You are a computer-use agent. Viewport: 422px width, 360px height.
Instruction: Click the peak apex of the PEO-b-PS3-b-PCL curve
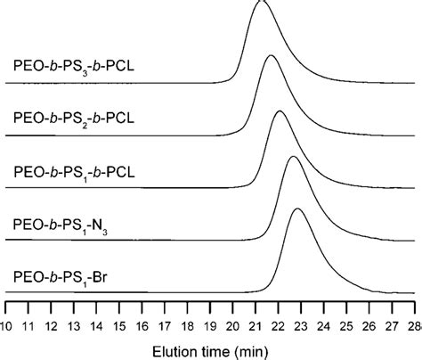(x=261, y=3)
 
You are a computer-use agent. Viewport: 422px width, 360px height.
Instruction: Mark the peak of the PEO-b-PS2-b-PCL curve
(x=272, y=56)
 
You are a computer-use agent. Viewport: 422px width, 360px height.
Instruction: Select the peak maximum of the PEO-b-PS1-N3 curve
(x=293, y=157)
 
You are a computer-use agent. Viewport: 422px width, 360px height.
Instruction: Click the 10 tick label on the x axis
(x=8, y=323)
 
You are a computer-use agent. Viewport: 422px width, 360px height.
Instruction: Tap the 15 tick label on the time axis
(x=120, y=323)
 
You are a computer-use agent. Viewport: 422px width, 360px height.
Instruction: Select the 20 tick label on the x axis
(x=232, y=323)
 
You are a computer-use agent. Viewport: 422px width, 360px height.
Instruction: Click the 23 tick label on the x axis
(x=300, y=323)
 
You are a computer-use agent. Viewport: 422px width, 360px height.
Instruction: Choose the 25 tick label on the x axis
(x=345, y=323)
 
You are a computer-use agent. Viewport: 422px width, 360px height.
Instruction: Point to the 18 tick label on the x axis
(x=188, y=323)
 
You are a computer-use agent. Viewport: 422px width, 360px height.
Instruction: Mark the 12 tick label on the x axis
(x=53, y=323)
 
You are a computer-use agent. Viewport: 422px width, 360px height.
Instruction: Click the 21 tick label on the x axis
(x=256, y=323)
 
